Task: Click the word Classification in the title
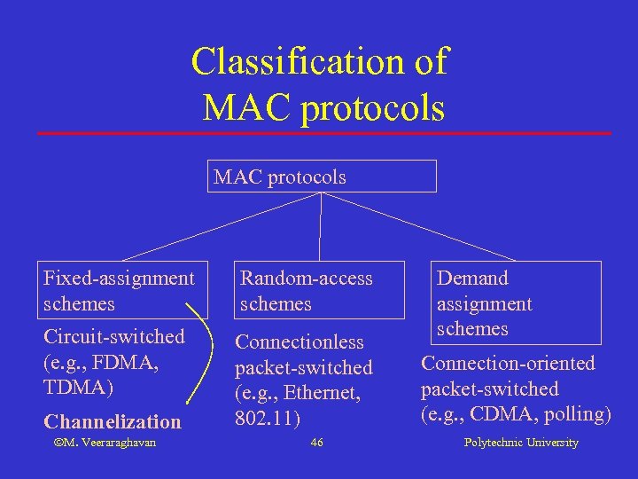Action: click(298, 62)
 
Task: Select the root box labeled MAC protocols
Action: click(323, 177)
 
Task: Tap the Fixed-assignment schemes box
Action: click(124, 291)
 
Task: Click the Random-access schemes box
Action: click(319, 291)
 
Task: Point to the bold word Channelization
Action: click(113, 421)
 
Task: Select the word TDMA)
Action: click(79, 388)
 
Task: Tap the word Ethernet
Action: click(324, 392)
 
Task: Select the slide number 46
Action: click(317, 443)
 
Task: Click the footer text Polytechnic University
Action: click(521, 443)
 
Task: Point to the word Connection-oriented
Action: click(508, 363)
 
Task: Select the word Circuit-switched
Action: click(114, 337)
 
